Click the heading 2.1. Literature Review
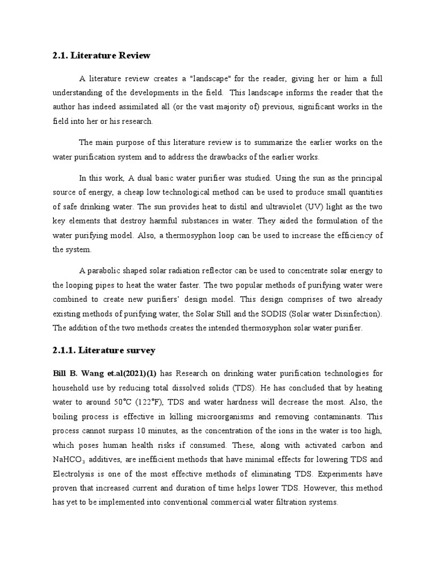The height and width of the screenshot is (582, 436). pyautogui.click(x=101, y=55)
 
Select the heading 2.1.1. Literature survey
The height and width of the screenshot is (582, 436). pyautogui.click(x=104, y=351)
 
